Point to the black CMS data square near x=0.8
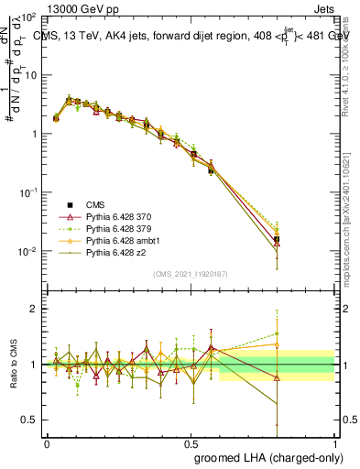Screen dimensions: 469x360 point(277,239)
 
